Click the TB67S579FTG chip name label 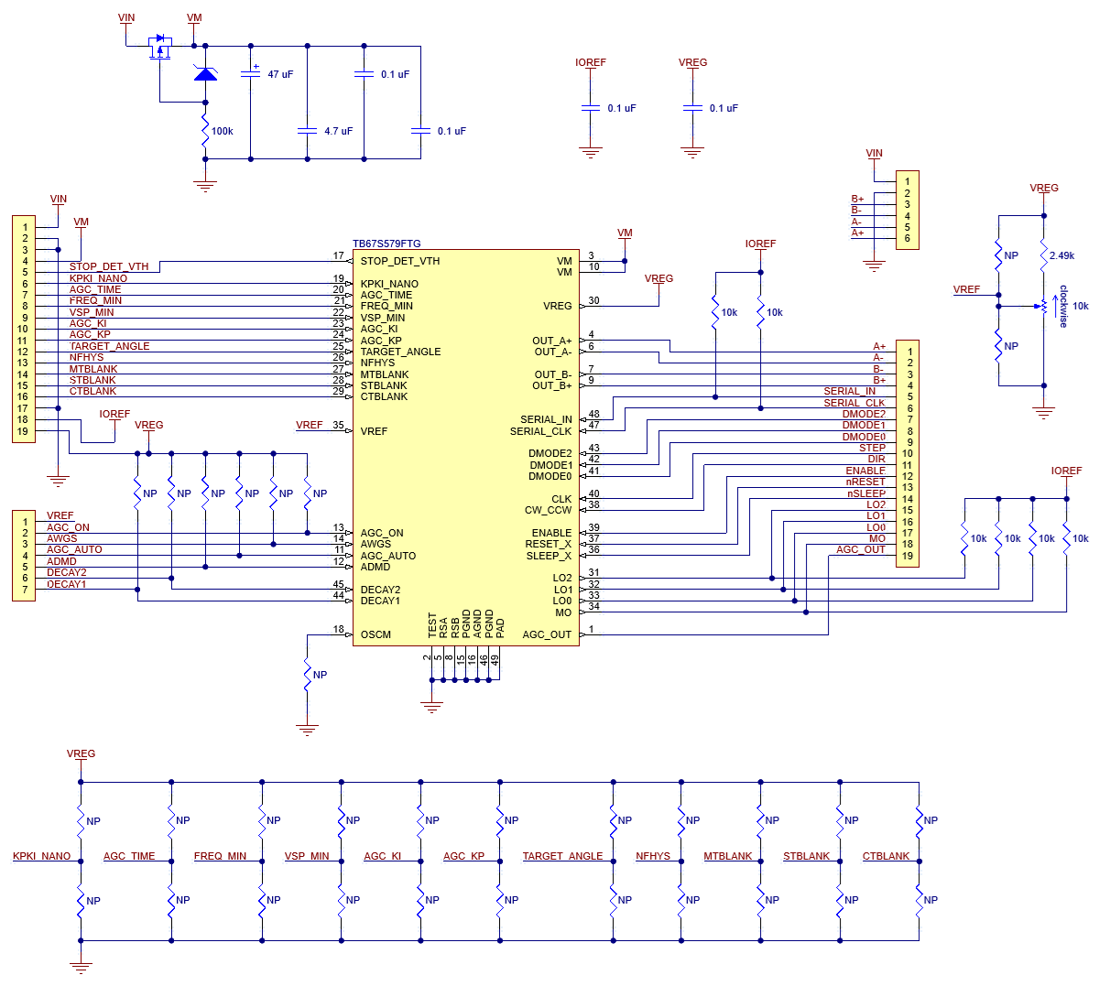coord(386,244)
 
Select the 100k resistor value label coord(222,131)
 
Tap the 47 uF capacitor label coord(280,74)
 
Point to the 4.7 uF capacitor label coord(338,131)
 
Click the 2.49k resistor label coord(1061,255)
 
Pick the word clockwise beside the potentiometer coord(1062,307)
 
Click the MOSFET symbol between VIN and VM coord(159,48)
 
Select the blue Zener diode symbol coord(205,73)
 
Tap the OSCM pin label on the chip coord(375,634)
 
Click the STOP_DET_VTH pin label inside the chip coord(400,261)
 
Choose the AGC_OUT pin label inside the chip coord(546,634)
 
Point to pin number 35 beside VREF coord(338,425)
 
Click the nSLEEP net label coord(865,493)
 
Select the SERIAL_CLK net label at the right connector coord(854,403)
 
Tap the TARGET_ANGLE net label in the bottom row coord(562,856)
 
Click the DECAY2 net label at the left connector coord(66,572)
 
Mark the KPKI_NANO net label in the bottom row coord(41,856)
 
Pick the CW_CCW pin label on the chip coord(548,510)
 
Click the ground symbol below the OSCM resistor coord(307,730)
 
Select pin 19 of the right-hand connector coord(907,556)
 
